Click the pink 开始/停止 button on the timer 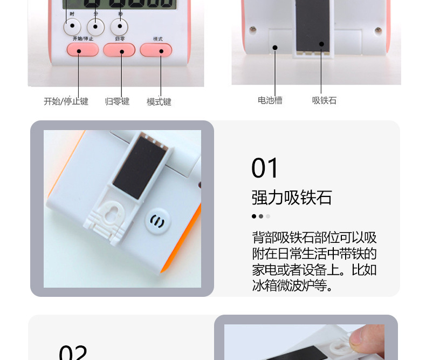click(x=83, y=50)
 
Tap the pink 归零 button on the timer click(x=119, y=50)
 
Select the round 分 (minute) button click(x=96, y=26)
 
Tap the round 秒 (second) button click(x=119, y=26)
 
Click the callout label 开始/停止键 click(x=66, y=101)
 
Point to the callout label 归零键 click(x=117, y=101)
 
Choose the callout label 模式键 click(x=159, y=101)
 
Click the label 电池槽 click(x=270, y=100)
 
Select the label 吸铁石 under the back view click(x=324, y=100)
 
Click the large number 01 click(x=265, y=168)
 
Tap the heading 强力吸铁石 click(x=291, y=198)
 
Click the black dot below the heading click(x=254, y=216)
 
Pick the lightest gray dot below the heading click(x=268, y=216)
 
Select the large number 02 click(x=73, y=352)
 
